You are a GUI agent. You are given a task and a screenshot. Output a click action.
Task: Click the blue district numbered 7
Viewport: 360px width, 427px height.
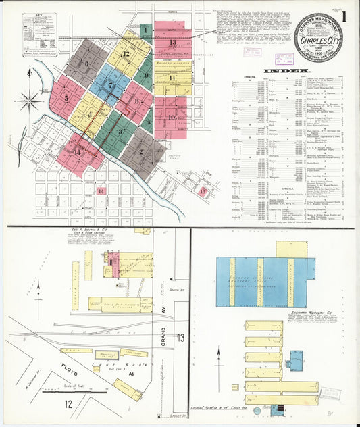[110, 85]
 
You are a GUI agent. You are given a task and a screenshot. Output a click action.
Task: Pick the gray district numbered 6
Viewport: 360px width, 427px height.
[86, 64]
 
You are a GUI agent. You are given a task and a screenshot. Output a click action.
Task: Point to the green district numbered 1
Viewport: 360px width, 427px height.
[145, 30]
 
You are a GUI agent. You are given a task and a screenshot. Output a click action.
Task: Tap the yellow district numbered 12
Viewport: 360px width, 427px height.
[126, 53]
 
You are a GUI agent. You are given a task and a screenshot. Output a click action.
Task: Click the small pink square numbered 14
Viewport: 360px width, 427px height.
[101, 191]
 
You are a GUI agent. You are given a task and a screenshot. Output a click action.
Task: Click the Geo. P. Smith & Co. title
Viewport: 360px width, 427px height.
[112, 232]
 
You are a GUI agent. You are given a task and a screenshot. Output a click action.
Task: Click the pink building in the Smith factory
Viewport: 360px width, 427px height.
[113, 260]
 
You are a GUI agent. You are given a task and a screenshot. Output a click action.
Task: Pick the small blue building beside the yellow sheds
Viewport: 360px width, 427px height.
[295, 360]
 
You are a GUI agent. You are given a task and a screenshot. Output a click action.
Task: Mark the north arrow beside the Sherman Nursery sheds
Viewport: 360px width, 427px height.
[218, 353]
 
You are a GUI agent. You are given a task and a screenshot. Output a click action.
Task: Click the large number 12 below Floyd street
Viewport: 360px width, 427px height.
[68, 404]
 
